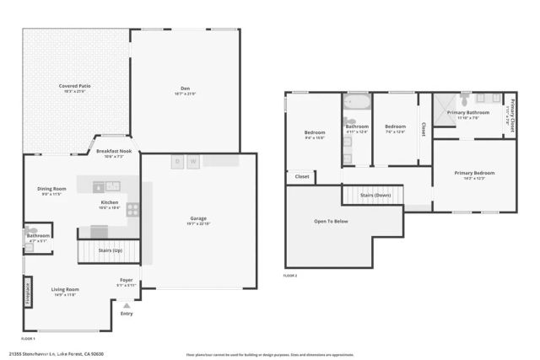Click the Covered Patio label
[75, 86]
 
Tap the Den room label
[185, 86]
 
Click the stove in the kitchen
[132, 209]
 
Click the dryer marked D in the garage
[177, 161]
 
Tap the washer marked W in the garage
[193, 161]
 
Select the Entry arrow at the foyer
[127, 306]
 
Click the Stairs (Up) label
[110, 251]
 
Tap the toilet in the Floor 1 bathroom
[32, 230]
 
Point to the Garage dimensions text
[198, 223]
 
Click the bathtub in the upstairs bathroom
[357, 105]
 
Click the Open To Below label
[331, 221]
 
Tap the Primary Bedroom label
[474, 173]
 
